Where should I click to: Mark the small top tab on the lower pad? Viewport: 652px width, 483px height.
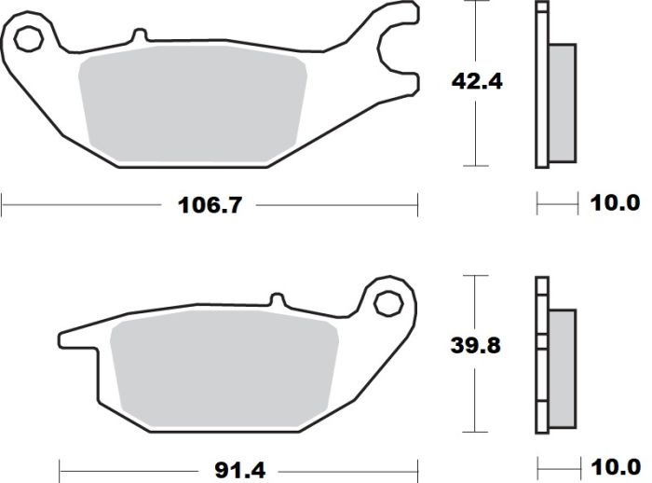pos(276,300)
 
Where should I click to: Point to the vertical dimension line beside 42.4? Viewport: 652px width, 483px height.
pos(476,131)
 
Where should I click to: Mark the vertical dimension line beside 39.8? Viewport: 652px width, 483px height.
pos(476,392)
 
